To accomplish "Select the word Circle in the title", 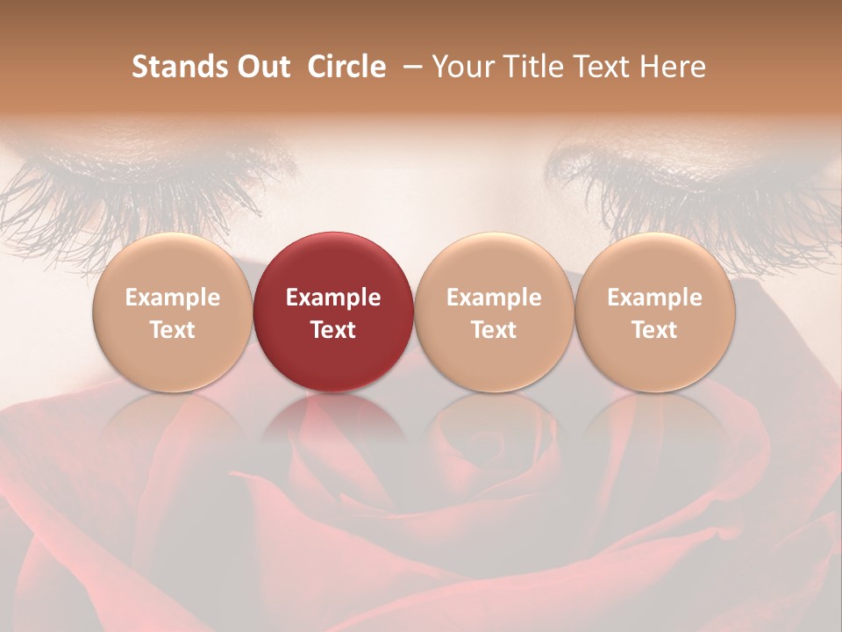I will click(x=346, y=67).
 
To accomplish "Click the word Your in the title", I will click(x=460, y=67).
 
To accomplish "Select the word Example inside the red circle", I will click(x=333, y=298).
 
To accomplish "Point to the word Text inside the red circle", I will click(x=333, y=330).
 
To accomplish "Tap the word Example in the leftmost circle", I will click(x=173, y=298).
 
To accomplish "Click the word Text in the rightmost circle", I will click(x=655, y=330).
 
